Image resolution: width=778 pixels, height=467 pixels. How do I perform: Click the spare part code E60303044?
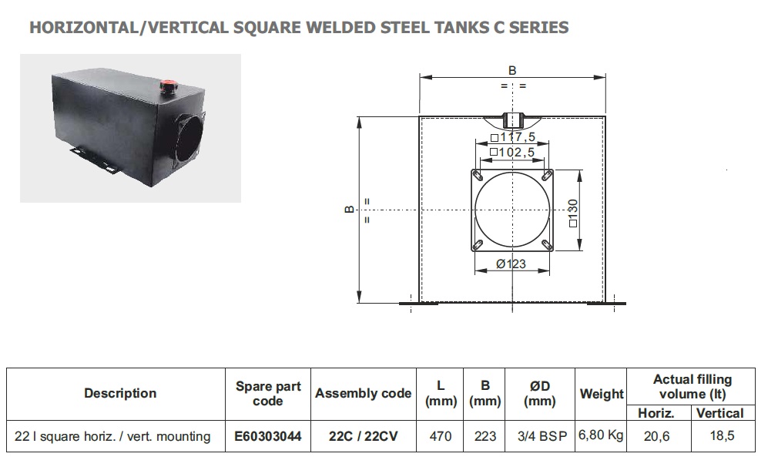268,436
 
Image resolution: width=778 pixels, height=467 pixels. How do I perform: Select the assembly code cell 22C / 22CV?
364,436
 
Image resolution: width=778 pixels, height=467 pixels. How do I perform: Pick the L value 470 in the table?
440,436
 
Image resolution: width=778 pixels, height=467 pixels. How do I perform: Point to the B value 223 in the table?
485,436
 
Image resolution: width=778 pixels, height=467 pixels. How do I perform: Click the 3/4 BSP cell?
542,436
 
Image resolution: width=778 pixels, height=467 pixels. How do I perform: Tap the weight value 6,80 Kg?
601,435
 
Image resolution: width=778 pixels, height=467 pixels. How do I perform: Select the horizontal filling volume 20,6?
656,436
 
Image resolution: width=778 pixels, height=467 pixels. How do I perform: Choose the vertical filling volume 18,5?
722,435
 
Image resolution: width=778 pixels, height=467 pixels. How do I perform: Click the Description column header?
120,394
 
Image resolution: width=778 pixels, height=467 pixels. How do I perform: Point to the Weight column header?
602,394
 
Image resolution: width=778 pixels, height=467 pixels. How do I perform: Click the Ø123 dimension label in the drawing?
511,264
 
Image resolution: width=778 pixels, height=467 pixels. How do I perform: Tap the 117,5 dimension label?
513,137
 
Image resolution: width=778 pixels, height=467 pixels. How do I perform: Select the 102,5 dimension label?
512,153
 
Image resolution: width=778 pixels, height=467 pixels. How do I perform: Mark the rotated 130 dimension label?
573,213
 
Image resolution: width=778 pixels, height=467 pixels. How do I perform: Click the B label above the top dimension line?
512,70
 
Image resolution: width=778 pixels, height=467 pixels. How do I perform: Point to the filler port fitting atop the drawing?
512,120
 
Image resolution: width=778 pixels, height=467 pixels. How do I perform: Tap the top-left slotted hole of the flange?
478,176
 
